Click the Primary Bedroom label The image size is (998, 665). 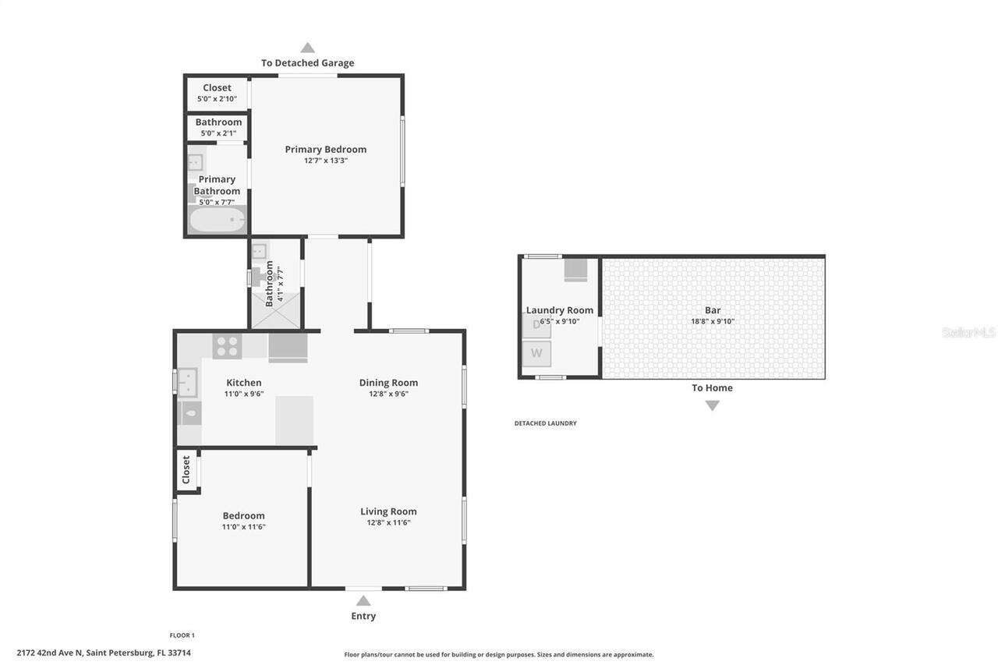click(x=325, y=150)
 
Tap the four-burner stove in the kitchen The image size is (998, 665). click(x=227, y=346)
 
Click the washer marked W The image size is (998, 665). click(x=536, y=353)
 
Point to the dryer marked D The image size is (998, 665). click(x=536, y=325)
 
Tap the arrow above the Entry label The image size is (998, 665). click(x=363, y=600)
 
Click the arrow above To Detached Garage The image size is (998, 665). click(x=308, y=48)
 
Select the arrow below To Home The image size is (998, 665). click(x=712, y=405)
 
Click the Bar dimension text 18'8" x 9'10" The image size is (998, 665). click(x=713, y=321)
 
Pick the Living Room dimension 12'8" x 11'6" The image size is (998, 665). click(x=388, y=523)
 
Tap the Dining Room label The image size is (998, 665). click(x=388, y=382)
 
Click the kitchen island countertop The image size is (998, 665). click(x=295, y=420)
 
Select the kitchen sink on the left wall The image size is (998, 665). click(x=188, y=383)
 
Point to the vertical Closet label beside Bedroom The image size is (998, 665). click(x=186, y=470)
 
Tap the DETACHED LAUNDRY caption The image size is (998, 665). click(x=545, y=423)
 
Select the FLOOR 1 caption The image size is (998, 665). click(x=182, y=635)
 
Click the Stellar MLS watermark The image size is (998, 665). click(x=968, y=333)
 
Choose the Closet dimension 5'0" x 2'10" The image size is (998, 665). click(x=217, y=99)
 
